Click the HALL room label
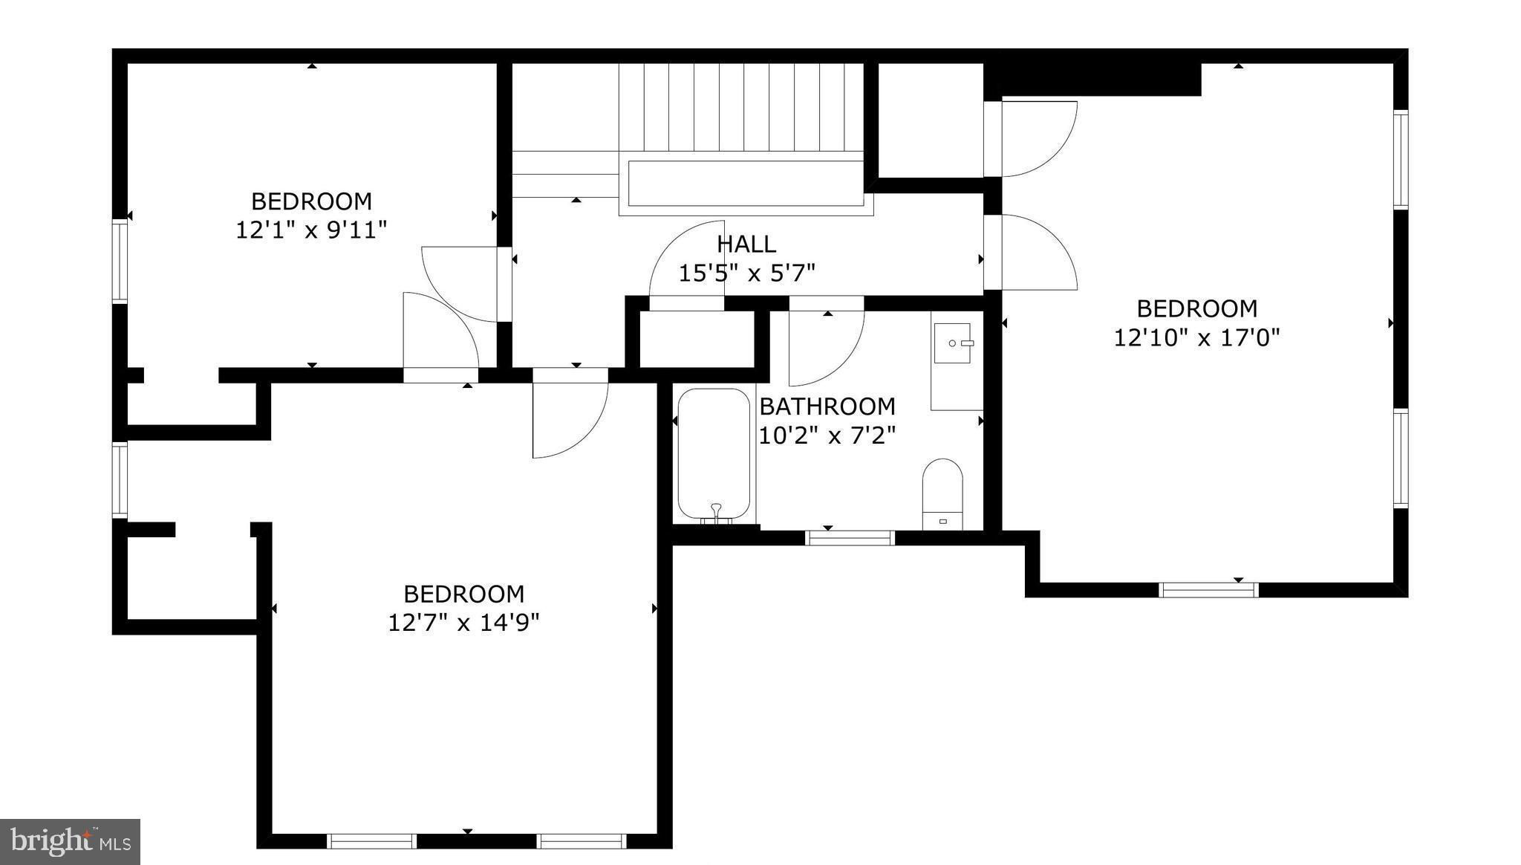(746, 244)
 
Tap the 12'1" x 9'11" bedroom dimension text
(312, 230)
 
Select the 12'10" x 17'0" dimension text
(1196, 338)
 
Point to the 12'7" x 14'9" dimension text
(463, 622)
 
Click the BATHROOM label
(827, 406)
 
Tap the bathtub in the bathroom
(714, 455)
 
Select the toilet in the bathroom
(942, 494)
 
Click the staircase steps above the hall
(743, 107)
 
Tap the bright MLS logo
(71, 841)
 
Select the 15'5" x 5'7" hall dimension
(747, 273)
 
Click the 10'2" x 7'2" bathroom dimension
(827, 435)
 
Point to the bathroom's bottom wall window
(850, 537)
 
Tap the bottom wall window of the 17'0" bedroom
(1209, 590)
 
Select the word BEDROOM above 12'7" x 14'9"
(463, 594)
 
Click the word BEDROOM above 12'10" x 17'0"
(1197, 308)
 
